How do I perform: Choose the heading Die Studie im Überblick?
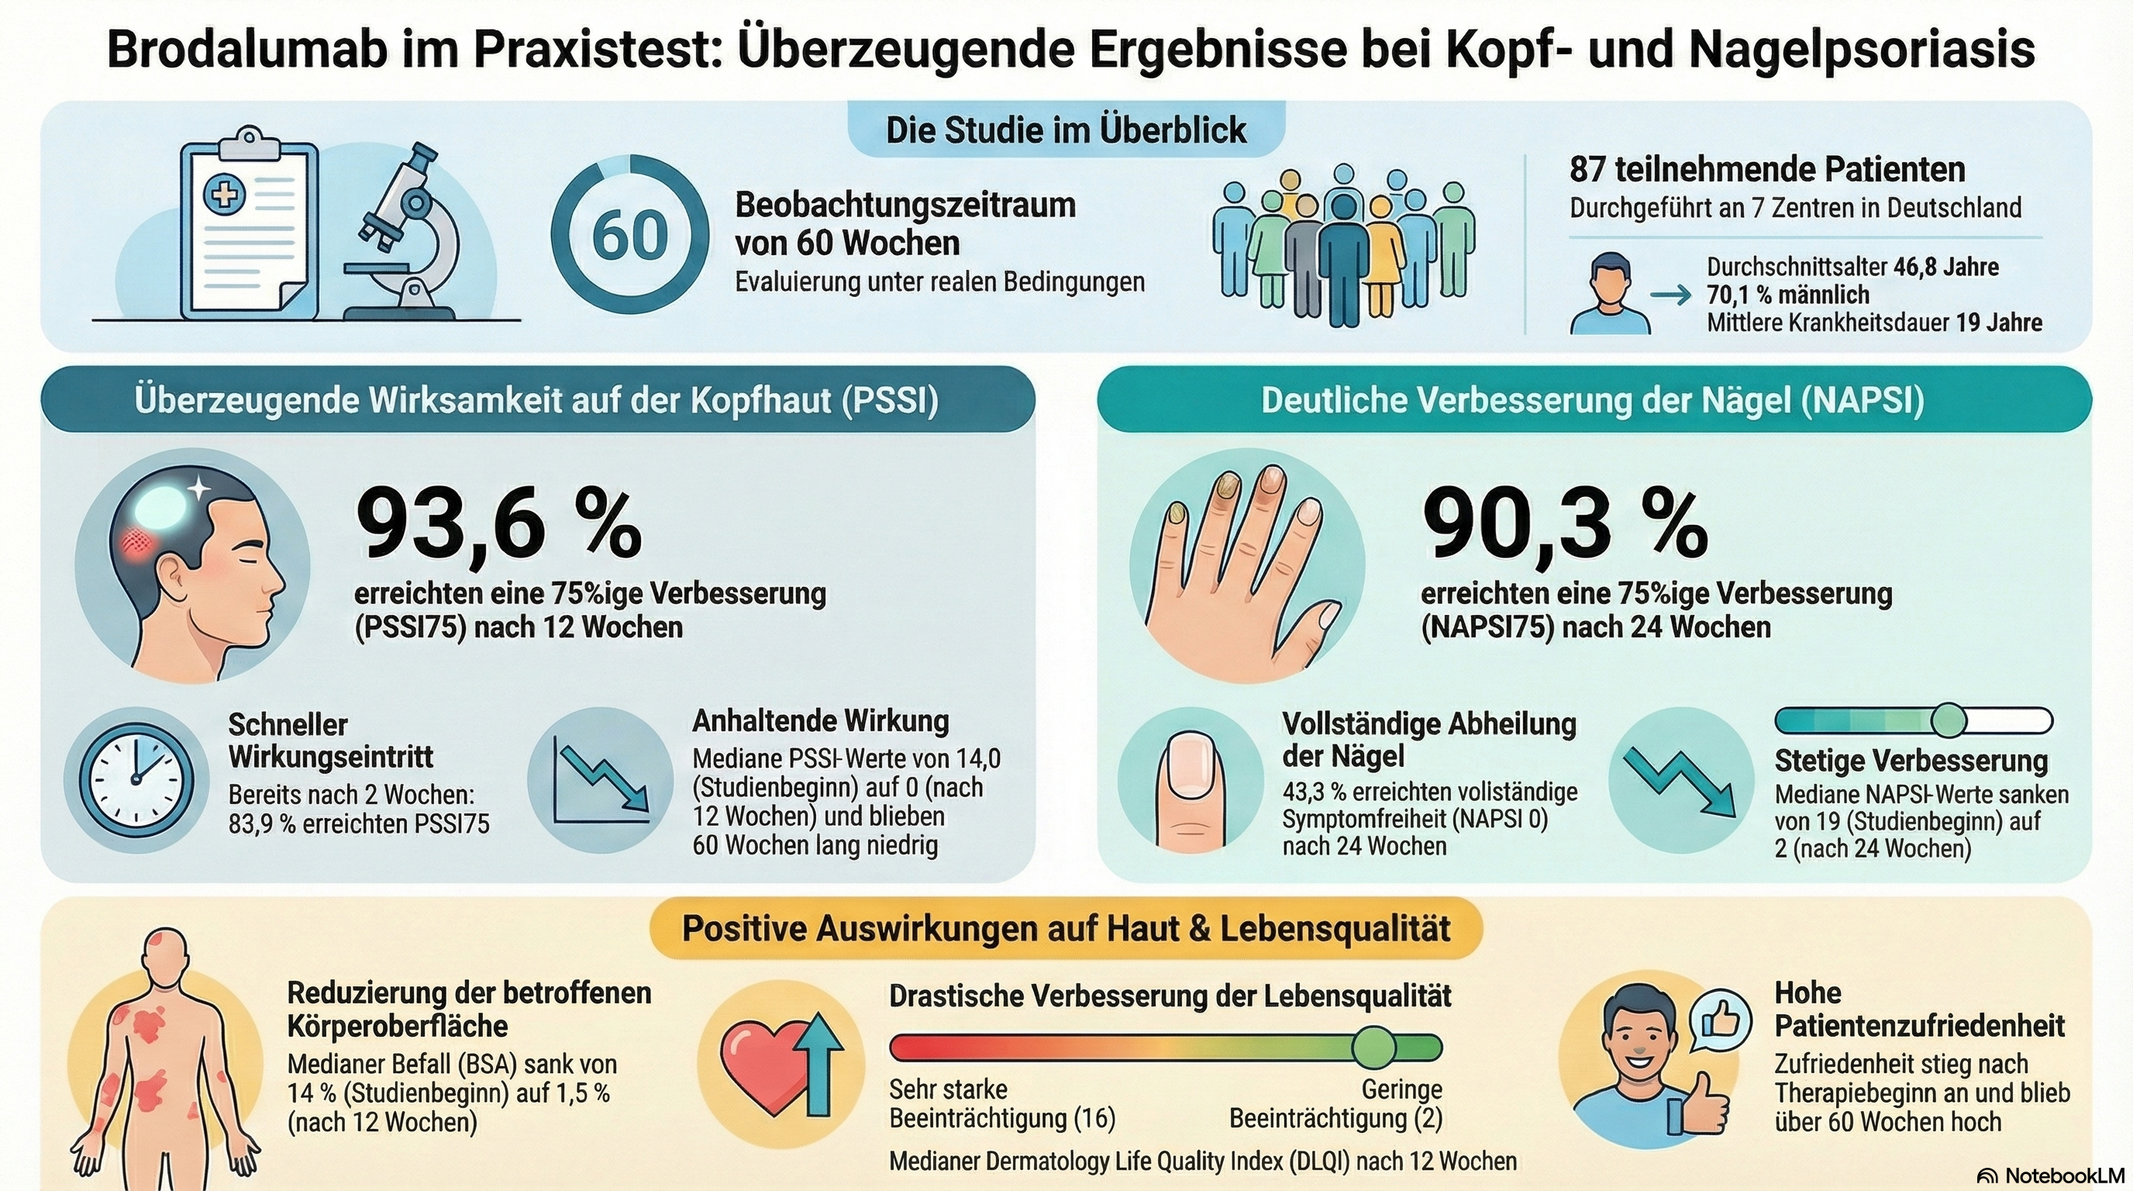click(x=1066, y=130)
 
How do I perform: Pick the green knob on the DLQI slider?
click(x=1373, y=1047)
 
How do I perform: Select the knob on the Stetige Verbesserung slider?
click(x=1948, y=720)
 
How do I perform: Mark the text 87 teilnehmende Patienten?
click(x=1767, y=170)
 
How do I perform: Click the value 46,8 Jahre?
click(x=1946, y=268)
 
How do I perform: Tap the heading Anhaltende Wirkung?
click(x=821, y=720)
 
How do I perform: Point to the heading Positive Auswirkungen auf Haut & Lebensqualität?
click(x=1066, y=928)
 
